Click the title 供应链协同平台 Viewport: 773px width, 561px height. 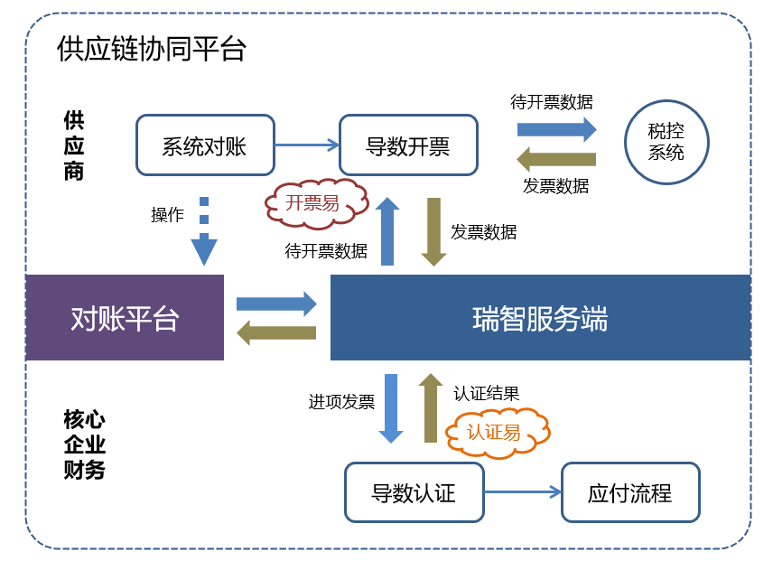151,48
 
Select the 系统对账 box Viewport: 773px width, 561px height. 204,145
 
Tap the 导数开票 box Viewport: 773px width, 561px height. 407,145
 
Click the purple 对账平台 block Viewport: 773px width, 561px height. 125,317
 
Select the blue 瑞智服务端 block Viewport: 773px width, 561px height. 540,317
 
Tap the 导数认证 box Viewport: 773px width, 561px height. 414,492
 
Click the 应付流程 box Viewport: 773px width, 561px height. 629,492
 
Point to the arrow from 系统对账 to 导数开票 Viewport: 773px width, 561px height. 306,145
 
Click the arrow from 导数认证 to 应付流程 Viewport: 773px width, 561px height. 523,492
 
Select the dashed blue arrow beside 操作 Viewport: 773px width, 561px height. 204,232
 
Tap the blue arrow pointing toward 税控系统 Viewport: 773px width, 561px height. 556,128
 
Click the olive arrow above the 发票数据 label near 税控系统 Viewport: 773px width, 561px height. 556,159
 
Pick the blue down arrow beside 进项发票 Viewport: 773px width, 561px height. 391,407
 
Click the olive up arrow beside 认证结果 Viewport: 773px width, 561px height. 431,407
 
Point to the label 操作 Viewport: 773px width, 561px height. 167,215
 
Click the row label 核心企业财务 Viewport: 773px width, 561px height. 85,444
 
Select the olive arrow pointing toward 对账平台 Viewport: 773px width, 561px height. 276,332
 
